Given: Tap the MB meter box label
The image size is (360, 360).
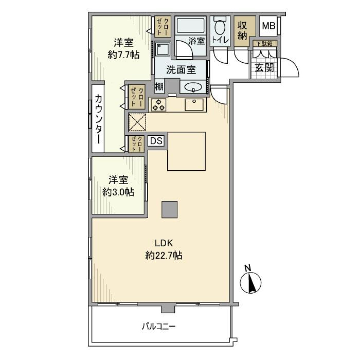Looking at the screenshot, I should point(268,26).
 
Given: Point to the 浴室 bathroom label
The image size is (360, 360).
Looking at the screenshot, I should point(196,41).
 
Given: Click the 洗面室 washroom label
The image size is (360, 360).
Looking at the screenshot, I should point(181,69).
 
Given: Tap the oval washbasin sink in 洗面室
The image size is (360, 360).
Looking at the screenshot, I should point(193,87).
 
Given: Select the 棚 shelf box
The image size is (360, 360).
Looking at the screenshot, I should point(159,87).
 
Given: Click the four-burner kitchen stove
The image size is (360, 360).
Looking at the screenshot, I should point(158,105).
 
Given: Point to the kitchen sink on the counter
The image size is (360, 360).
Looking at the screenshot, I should point(195,105).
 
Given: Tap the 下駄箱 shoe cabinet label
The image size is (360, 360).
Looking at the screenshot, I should point(264,44).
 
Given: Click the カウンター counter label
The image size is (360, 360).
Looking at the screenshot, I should point(99,119).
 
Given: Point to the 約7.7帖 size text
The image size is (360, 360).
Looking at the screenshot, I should point(123,55).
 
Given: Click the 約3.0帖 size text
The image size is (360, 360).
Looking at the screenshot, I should point(118,192).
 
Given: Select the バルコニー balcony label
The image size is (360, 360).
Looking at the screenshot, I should point(158,326).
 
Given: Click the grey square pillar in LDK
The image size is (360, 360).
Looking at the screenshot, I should point(169,209).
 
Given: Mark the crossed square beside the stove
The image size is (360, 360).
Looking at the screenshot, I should point(137,122).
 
